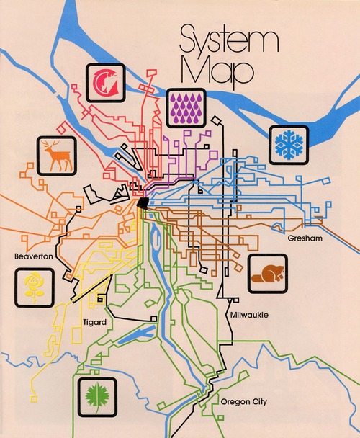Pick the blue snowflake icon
click(x=290, y=145)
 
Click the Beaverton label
click(x=30, y=256)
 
